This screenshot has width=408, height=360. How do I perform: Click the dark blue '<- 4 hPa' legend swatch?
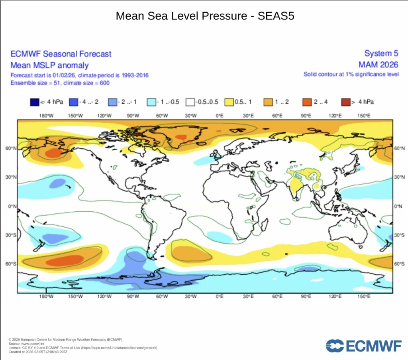tap(34, 102)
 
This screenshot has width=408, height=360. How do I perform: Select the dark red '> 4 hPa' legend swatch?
tap(346, 102)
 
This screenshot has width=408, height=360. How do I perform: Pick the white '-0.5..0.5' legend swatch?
tap(190, 102)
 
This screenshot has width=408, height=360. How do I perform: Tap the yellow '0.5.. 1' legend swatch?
tap(229, 102)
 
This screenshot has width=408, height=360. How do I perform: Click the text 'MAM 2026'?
tap(375, 65)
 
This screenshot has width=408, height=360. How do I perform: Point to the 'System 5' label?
tap(378, 54)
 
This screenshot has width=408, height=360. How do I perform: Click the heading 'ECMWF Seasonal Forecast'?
tap(61, 54)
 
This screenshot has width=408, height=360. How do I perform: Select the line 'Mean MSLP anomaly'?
tap(49, 65)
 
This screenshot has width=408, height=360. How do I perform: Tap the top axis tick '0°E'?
tap(219, 116)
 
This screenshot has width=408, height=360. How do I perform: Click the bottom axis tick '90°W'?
tap(133, 297)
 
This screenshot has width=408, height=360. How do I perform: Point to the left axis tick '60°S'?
tap(11, 264)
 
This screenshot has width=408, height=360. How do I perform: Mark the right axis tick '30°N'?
tap(398, 177)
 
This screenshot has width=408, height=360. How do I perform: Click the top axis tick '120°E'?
tap(335, 116)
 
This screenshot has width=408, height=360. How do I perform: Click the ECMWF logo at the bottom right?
tap(363, 346)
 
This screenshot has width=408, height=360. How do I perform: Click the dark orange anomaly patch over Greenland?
tap(181, 137)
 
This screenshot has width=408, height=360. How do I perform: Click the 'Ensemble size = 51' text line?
tap(60, 83)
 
